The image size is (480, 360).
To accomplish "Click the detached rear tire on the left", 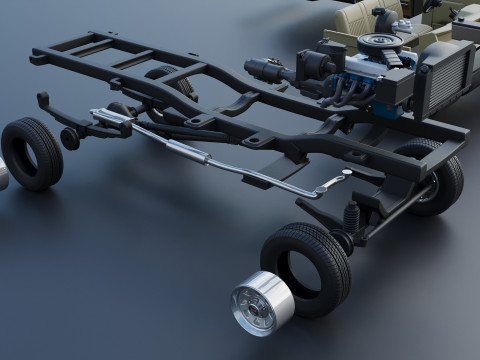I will tap(31, 152).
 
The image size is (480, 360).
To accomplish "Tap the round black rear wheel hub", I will tap(70, 138).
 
